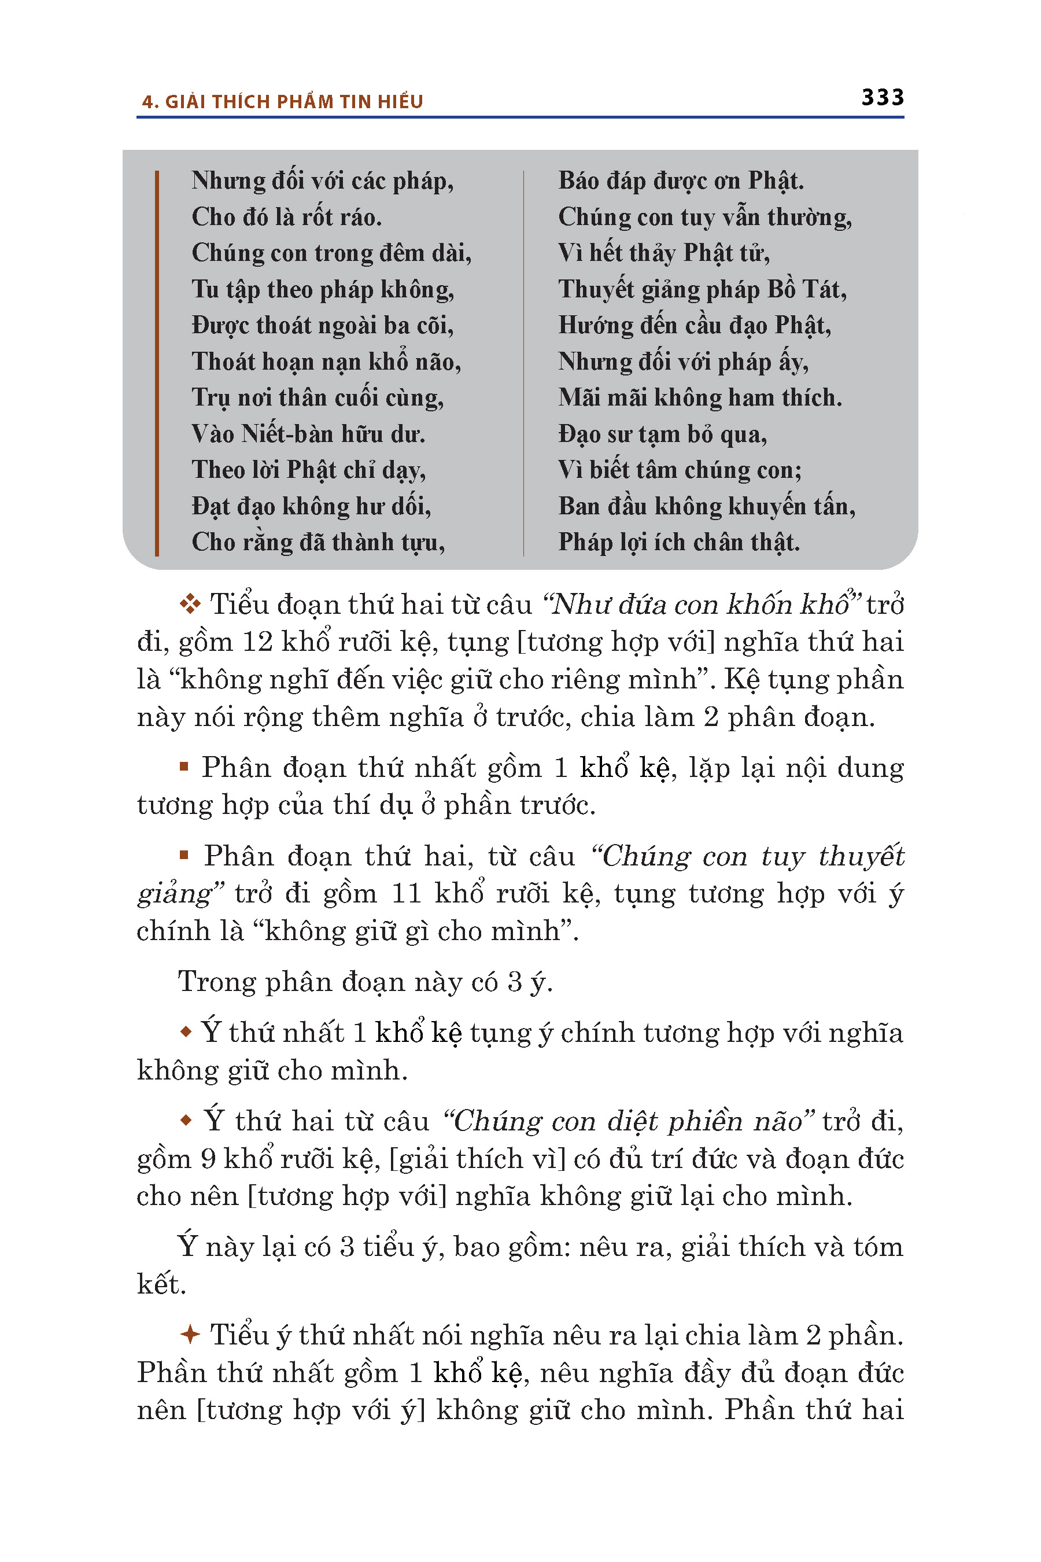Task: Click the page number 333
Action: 883,98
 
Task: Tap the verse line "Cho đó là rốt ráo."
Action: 287,217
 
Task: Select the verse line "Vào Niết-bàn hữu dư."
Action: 308,434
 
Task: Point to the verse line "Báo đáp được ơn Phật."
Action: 681,180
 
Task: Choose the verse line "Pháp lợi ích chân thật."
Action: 678,542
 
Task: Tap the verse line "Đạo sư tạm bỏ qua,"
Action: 663,434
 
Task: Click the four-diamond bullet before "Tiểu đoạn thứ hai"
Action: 190,605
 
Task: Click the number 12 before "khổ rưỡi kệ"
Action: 257,642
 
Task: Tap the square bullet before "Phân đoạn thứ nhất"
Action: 184,767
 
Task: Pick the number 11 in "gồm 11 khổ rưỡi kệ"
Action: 407,893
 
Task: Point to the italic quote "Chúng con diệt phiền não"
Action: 627,1121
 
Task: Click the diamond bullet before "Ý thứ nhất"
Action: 186,1032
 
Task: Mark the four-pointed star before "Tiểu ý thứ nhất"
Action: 190,1334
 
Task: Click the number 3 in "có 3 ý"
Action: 515,982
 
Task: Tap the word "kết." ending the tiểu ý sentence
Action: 161,1284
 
